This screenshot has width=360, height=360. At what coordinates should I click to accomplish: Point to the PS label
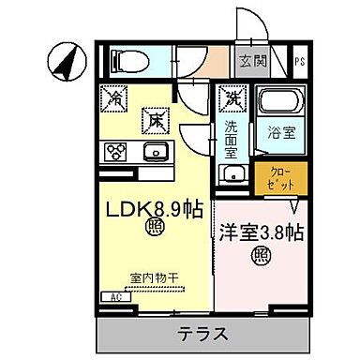299,64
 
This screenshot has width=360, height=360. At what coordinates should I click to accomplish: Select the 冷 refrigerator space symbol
116,97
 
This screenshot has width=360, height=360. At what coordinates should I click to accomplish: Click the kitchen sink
155,152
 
